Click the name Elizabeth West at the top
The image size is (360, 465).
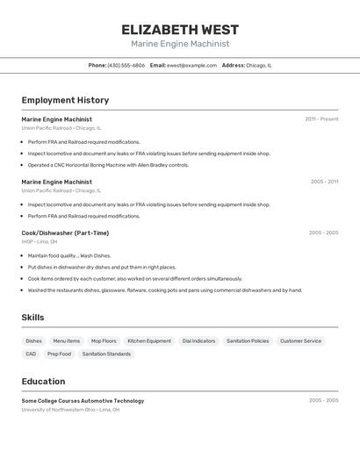tap(180, 29)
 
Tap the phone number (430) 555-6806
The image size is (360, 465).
tap(126, 65)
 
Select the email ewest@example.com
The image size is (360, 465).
tap(191, 65)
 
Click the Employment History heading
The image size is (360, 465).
tap(65, 100)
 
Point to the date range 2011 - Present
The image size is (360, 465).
tap(321, 119)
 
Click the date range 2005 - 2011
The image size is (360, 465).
tap(324, 182)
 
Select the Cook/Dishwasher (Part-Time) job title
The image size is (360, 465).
tap(65, 232)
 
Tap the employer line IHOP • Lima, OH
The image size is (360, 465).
tap(40, 241)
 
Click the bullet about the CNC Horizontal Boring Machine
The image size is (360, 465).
tap(108, 165)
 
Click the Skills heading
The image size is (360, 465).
tap(32, 318)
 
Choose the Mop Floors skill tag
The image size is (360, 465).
tap(104, 340)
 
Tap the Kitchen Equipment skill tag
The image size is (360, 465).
tap(149, 340)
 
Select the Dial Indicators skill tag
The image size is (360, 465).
tap(198, 340)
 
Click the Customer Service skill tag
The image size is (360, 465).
tap(300, 340)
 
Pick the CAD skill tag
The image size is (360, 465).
tap(31, 354)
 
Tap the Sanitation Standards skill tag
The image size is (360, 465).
tap(106, 354)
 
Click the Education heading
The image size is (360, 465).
tap(43, 382)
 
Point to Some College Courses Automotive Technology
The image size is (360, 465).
tap(83, 401)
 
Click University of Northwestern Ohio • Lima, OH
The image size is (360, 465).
tap(71, 410)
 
